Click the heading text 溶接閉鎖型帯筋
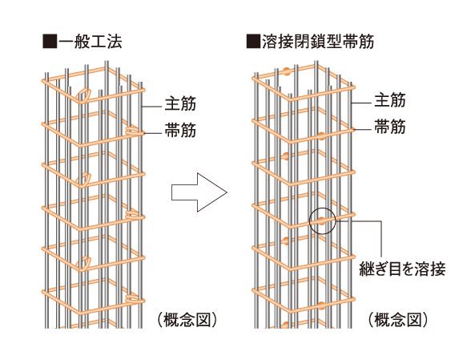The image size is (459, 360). tap(318, 39)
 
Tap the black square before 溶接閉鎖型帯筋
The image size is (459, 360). tap(254, 39)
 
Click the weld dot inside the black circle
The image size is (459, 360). tap(321, 222)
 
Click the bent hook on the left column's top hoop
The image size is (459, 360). tap(83, 95)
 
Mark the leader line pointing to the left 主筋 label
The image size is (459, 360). tap(152, 103)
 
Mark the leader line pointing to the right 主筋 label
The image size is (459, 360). tap(363, 101)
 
